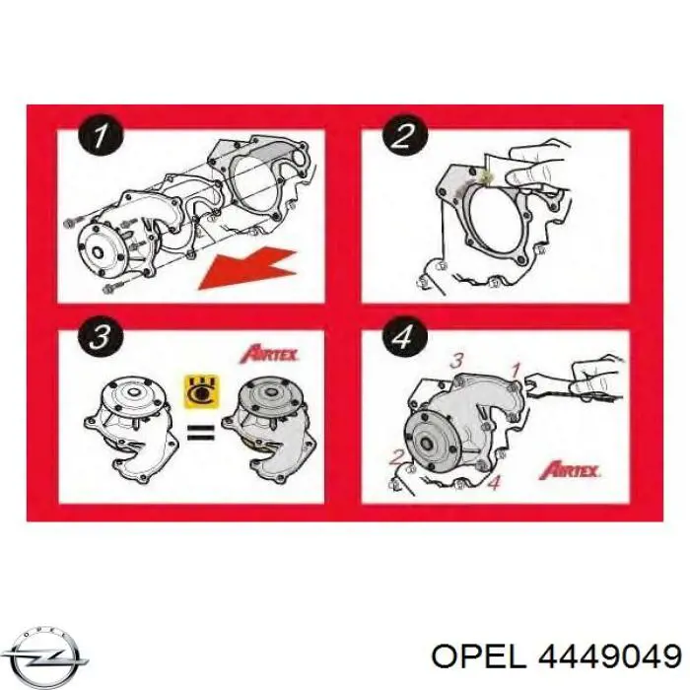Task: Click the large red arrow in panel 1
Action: tap(246, 269)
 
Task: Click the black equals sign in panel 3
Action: tap(201, 432)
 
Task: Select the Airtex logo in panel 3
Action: tap(269, 354)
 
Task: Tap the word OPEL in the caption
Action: tap(479, 657)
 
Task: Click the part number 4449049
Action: tap(610, 657)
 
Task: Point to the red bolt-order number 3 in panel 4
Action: tap(457, 361)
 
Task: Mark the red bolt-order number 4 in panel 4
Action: tap(495, 483)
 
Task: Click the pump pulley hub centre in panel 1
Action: tap(98, 253)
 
